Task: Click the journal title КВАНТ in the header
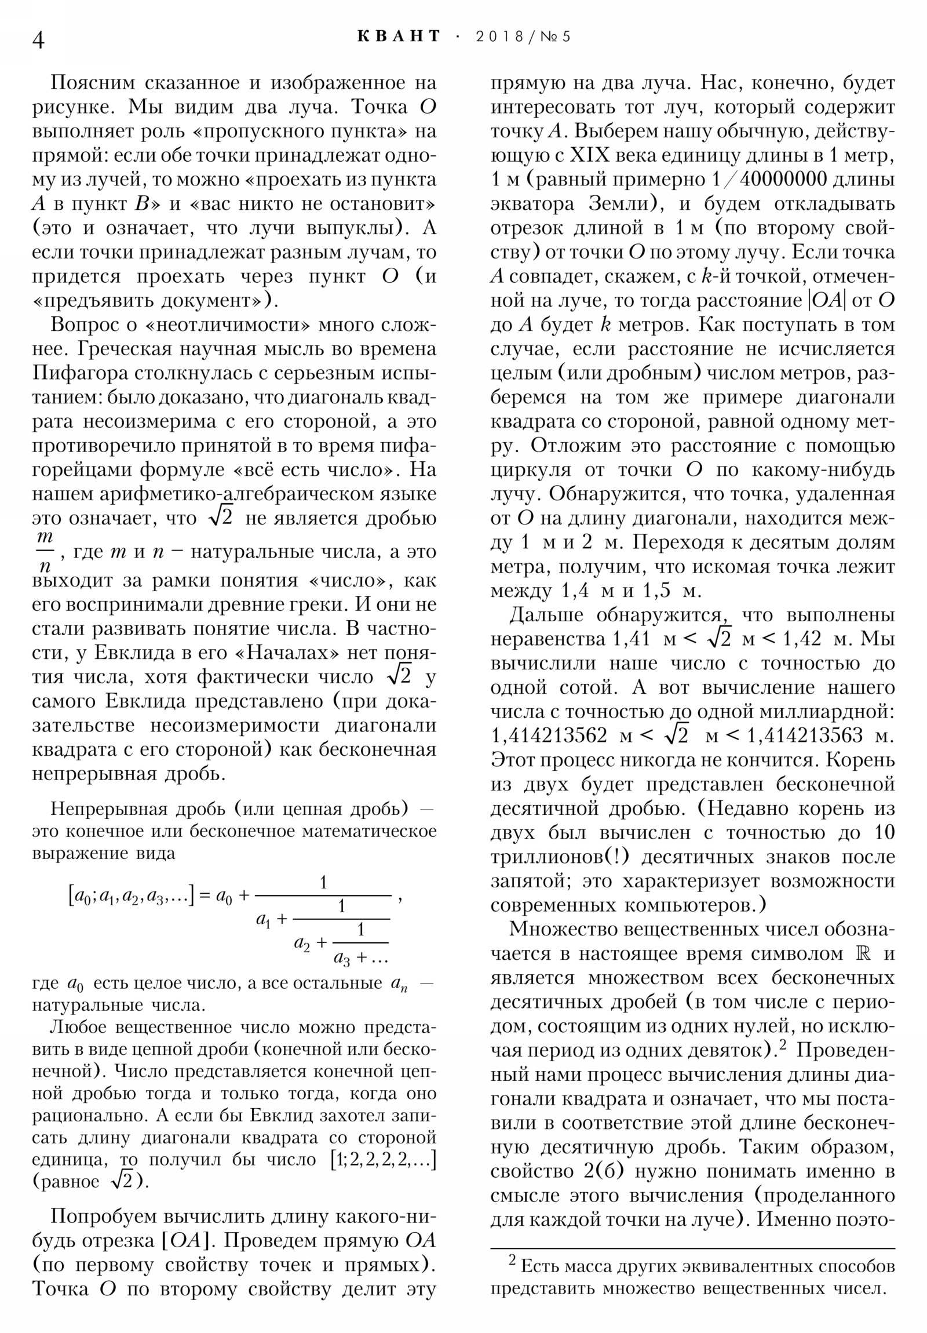point(399,37)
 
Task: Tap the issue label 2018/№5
point(523,37)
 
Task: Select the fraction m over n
point(44,551)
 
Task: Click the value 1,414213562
point(549,736)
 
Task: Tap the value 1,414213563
point(805,736)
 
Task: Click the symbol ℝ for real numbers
point(861,953)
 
